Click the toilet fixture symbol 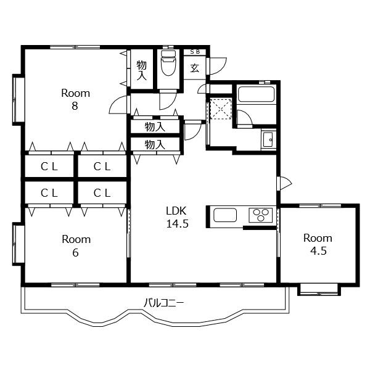[168, 62]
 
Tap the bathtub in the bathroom [257, 94]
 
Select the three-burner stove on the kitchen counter [261, 215]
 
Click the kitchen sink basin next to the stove [225, 215]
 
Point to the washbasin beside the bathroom [268, 139]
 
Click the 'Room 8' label [75, 99]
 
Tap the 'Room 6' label [76, 246]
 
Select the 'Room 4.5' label [318, 244]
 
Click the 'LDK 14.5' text [177, 217]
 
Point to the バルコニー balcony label [164, 303]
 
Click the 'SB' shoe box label [195, 51]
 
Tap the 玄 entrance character [195, 68]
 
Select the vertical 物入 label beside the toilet [142, 70]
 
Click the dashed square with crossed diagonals [221, 109]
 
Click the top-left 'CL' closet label [49, 167]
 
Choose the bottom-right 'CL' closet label [102, 193]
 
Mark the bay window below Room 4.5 [319, 290]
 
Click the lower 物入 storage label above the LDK [155, 144]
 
